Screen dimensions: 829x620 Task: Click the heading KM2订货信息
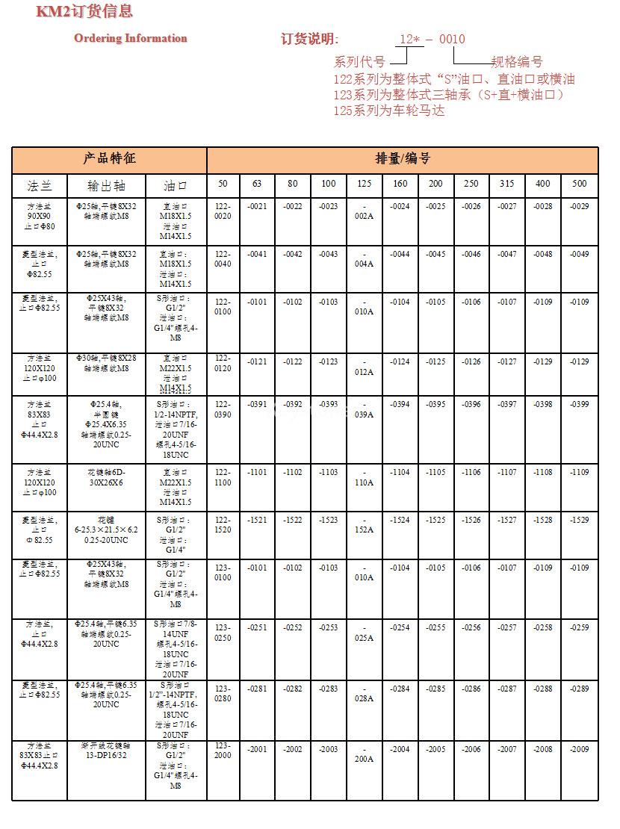pyautogui.click(x=84, y=11)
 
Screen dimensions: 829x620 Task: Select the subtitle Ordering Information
pyautogui.click(x=131, y=38)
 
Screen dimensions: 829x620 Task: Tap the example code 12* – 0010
pyautogui.click(x=432, y=39)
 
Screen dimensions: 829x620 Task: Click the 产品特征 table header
pyautogui.click(x=109, y=159)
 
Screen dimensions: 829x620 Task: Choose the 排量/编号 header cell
pyautogui.click(x=403, y=159)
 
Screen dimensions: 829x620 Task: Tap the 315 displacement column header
pyautogui.click(x=506, y=184)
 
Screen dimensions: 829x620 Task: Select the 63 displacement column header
pyautogui.click(x=257, y=184)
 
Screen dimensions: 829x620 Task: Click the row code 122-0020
pyautogui.click(x=223, y=211)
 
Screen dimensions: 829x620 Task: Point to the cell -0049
pyautogui.click(x=579, y=254)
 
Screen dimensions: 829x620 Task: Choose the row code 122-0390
pyautogui.click(x=223, y=409)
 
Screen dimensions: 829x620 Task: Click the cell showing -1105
pyautogui.click(x=435, y=472)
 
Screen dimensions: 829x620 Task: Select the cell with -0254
pyautogui.click(x=400, y=627)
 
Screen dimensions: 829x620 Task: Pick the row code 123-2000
pyautogui.click(x=223, y=750)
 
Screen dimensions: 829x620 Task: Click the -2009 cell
pyautogui.click(x=579, y=749)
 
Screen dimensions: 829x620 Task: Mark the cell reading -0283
pyautogui.click(x=328, y=689)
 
